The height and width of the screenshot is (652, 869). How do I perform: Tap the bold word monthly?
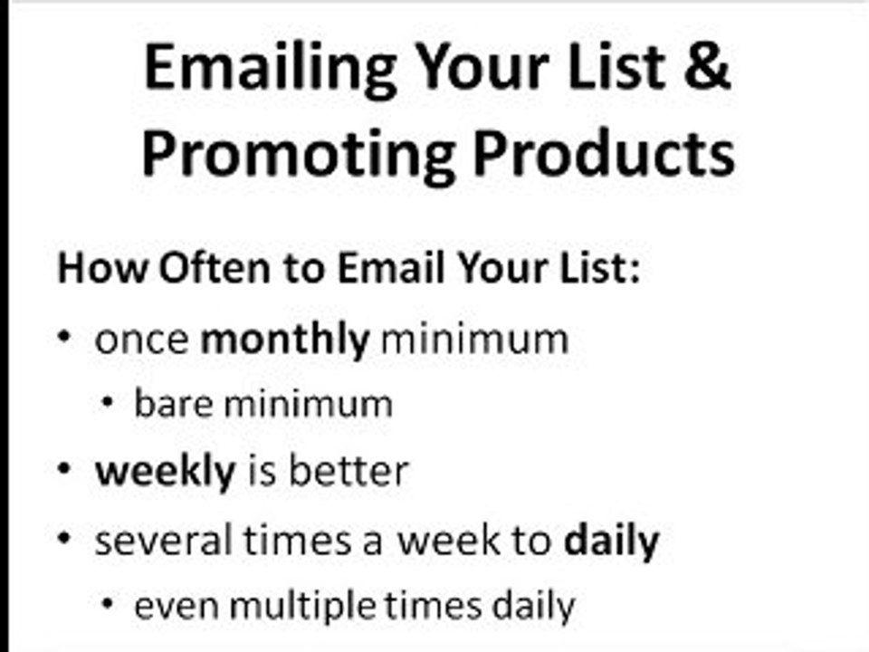click(284, 340)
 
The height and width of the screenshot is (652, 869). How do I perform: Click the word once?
click(142, 340)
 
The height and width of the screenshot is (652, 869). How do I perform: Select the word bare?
click(172, 404)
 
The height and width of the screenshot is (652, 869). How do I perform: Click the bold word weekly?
click(165, 471)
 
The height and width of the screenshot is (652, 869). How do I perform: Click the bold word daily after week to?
click(611, 541)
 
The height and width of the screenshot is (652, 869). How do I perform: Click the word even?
click(177, 606)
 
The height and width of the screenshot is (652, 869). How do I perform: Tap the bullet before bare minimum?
click(108, 403)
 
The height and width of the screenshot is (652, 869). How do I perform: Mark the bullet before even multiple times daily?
click(108, 604)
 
